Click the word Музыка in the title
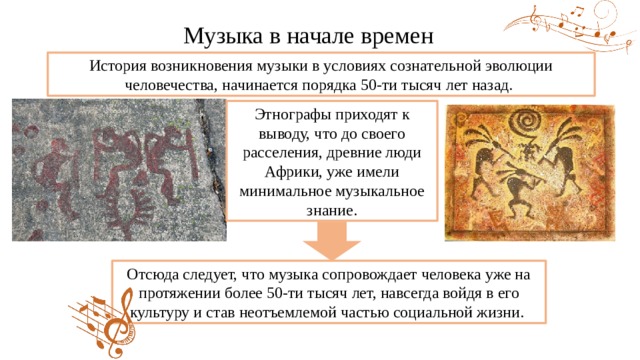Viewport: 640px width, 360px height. click(x=223, y=36)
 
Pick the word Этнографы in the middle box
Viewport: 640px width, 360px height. click(x=291, y=115)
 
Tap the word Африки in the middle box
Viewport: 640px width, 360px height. click(x=287, y=172)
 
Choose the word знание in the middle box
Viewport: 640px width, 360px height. click(x=331, y=211)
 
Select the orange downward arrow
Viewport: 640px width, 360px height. click(x=331, y=241)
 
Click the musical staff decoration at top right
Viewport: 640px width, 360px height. click(x=571, y=25)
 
